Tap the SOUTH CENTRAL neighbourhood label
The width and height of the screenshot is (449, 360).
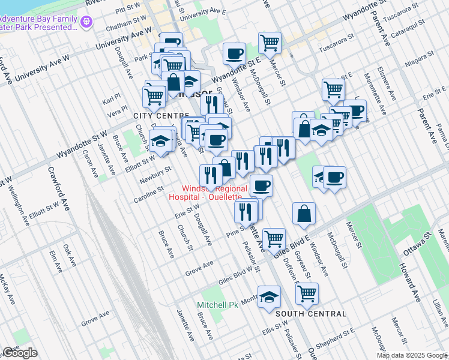310,314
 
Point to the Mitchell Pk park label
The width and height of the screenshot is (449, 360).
217,305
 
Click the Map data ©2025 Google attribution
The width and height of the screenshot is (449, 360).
411,355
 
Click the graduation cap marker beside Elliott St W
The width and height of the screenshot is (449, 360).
160,140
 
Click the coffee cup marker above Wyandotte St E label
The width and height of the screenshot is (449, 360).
234,53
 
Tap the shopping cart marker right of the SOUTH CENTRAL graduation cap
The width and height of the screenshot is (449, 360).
307,293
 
